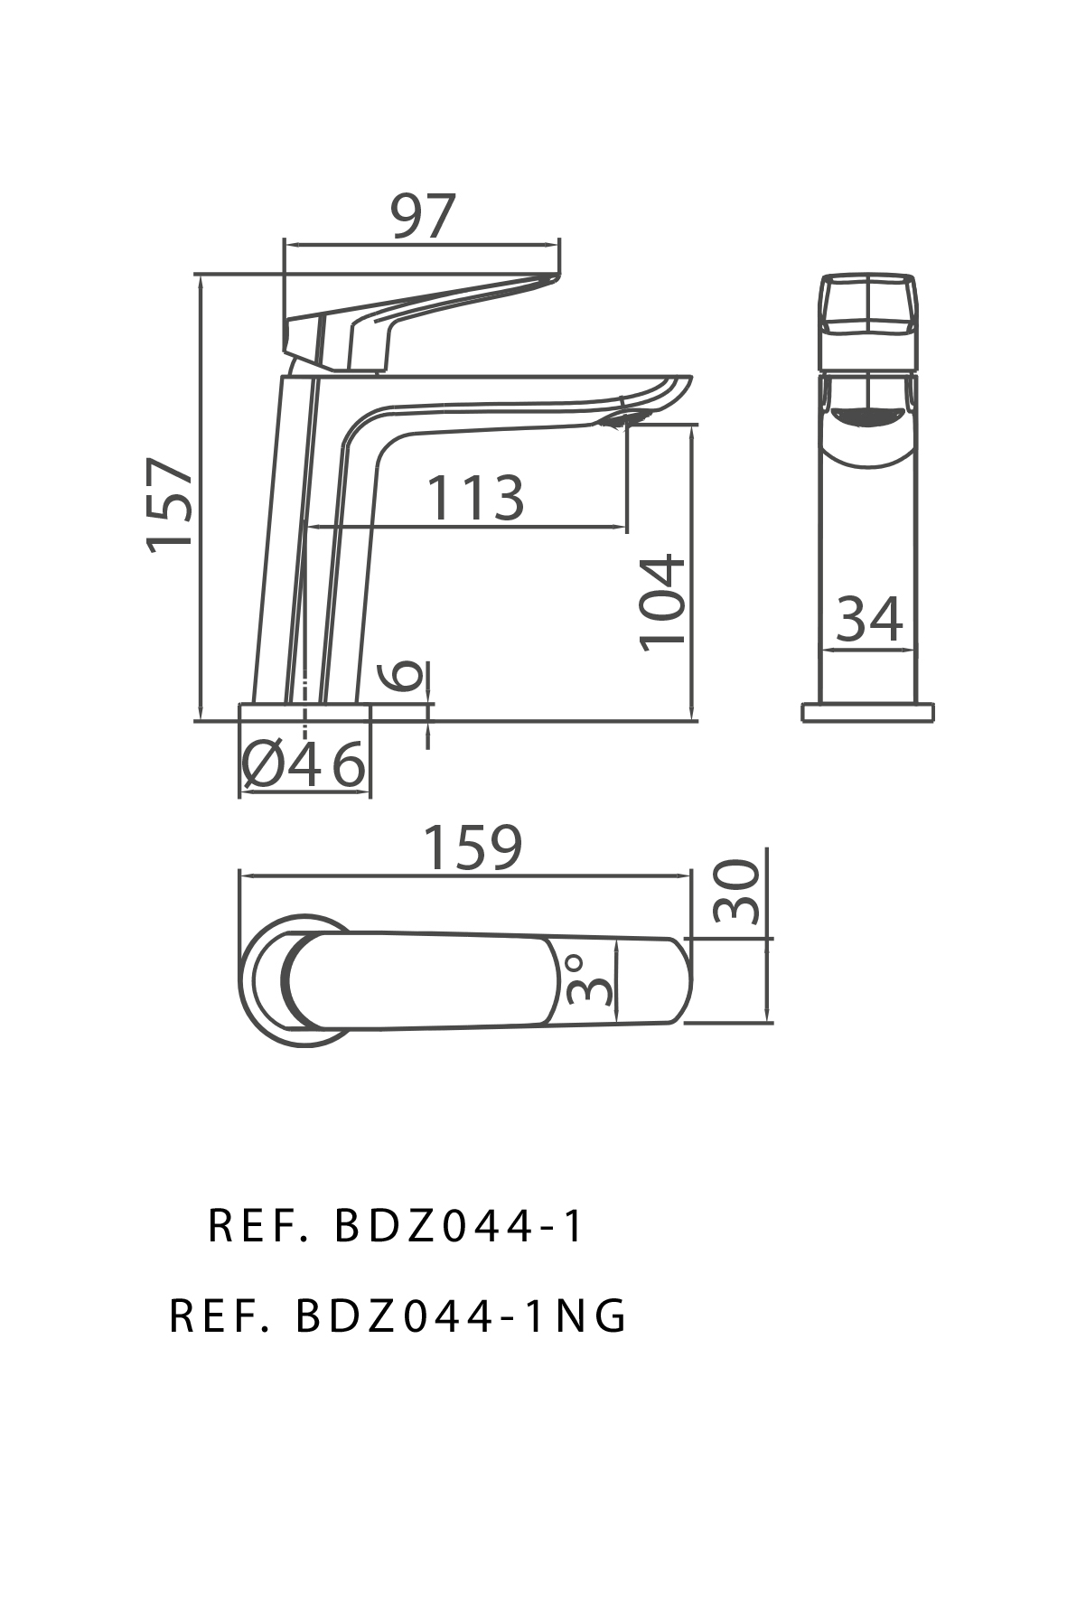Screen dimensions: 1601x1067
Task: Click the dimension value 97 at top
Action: click(423, 217)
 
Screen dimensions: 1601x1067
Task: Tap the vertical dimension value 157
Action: click(171, 502)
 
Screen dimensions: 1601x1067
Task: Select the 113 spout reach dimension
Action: click(474, 498)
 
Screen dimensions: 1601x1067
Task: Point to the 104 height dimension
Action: click(664, 601)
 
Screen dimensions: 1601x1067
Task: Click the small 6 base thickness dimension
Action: click(406, 675)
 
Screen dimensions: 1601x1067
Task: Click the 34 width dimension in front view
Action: click(868, 619)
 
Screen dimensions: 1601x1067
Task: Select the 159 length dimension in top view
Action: click(473, 848)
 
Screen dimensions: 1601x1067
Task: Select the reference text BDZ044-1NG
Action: click(398, 1316)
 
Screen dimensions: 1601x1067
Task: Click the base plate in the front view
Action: click(867, 712)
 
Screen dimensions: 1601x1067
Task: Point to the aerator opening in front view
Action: click(867, 417)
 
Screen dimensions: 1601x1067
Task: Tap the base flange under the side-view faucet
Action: click(305, 712)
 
